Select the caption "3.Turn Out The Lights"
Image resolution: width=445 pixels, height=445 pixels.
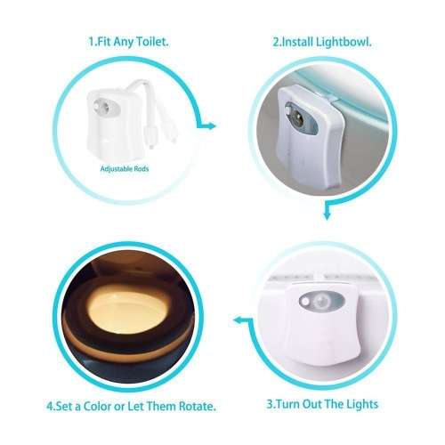click(323, 404)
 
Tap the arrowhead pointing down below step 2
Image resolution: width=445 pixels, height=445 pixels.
click(328, 214)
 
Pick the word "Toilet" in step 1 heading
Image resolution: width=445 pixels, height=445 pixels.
click(153, 42)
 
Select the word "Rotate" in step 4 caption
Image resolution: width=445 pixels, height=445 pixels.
click(194, 407)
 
